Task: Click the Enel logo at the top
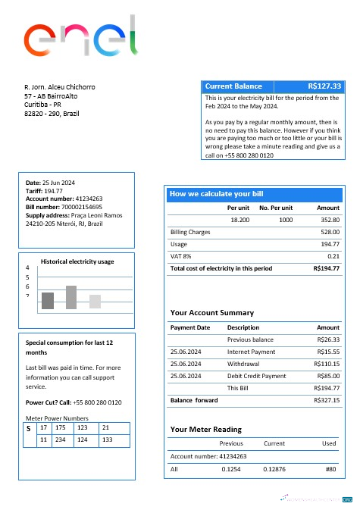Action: pyautogui.click(x=80, y=42)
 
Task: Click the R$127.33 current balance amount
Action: pyautogui.click(x=325, y=86)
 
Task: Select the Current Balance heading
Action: pyautogui.click(x=228, y=86)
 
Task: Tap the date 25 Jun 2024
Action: pyautogui.click(x=58, y=183)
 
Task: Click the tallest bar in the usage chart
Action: pyautogui.click(x=71, y=297)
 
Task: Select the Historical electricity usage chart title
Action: pyautogui.click(x=77, y=261)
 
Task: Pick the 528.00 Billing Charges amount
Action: pyautogui.click(x=330, y=232)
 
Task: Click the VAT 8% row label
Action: pyautogui.click(x=182, y=256)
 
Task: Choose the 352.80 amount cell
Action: pyautogui.click(x=328, y=219)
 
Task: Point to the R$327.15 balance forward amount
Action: pyautogui.click(x=327, y=400)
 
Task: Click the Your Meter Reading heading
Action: pyautogui.click(x=207, y=430)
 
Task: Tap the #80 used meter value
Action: pyautogui.click(x=330, y=470)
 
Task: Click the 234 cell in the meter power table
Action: pyautogui.click(x=62, y=440)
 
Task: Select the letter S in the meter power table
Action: pyautogui.click(x=28, y=429)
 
